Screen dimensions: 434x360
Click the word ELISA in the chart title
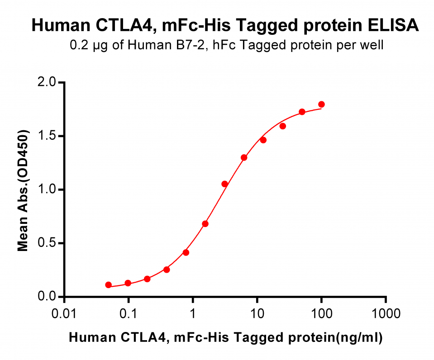[393, 25]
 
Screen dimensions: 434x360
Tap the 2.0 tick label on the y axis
[47, 82]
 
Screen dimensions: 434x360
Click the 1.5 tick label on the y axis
[47, 136]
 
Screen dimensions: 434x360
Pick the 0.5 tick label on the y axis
[47, 243]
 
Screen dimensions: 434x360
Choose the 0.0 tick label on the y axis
[47, 297]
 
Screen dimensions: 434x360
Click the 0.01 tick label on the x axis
[64, 314]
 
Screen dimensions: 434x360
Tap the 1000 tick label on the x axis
[386, 314]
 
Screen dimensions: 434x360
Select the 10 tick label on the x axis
[257, 314]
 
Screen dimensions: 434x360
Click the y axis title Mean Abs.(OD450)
[23, 190]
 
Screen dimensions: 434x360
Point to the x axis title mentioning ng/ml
[225, 337]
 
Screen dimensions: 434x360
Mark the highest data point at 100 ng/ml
[321, 104]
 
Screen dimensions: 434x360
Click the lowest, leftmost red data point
[109, 285]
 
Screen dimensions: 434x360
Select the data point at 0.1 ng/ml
[128, 283]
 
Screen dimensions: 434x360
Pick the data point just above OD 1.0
[225, 184]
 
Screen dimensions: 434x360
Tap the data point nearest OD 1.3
[244, 157]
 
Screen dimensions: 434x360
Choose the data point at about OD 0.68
[205, 223]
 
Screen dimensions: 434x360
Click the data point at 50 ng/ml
[302, 112]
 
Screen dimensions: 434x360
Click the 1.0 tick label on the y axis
[47, 189]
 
